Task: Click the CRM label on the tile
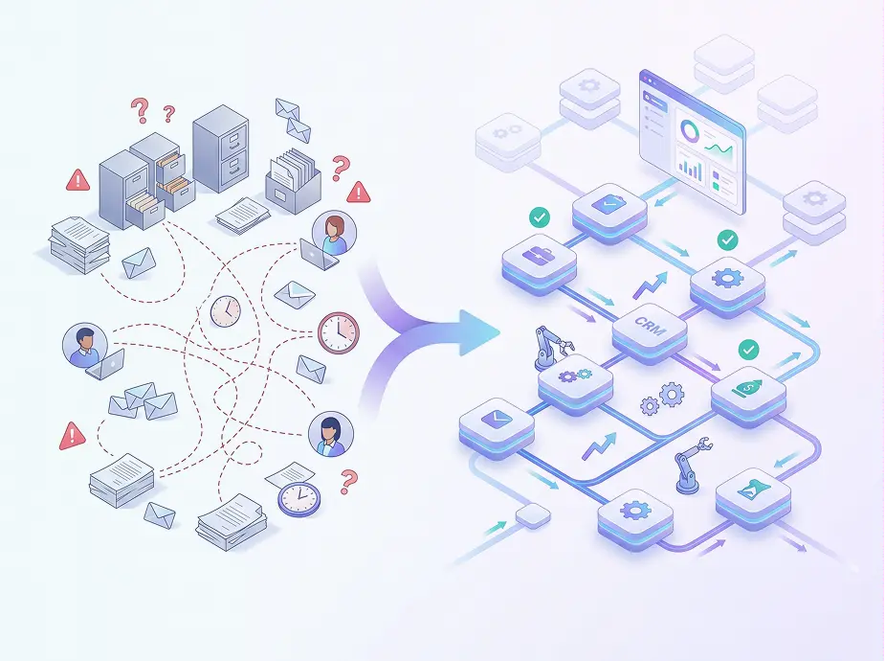point(649,326)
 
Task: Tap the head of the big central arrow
point(478,332)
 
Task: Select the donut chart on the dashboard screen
point(689,131)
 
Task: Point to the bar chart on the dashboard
point(690,169)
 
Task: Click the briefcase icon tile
point(539,263)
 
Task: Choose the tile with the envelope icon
point(497,427)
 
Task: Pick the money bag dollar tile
point(748,395)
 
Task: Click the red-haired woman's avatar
point(334,234)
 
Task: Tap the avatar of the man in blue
point(85,345)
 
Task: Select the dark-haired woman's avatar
point(331,434)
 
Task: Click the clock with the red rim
point(338,332)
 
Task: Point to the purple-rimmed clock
point(299,498)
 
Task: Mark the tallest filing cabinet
point(221,148)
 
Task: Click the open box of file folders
point(293,176)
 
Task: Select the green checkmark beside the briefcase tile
point(540,217)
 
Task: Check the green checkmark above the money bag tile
point(748,350)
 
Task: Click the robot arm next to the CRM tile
point(551,348)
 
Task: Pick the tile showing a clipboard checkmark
point(609,213)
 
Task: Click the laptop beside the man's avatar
point(105,364)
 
